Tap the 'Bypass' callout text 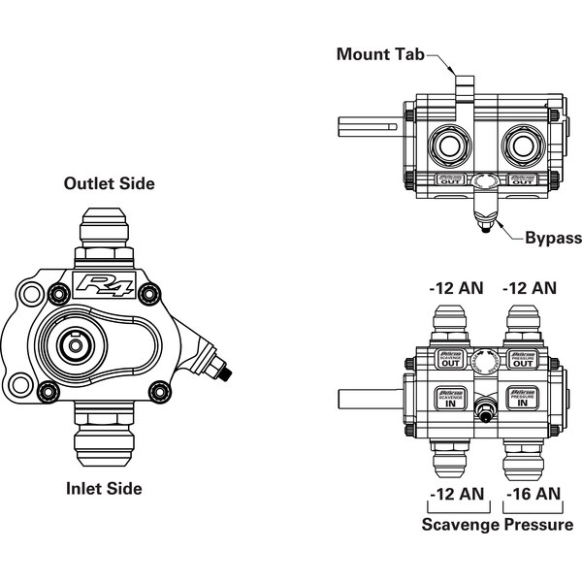tap(553, 238)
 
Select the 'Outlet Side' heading tap(109, 182)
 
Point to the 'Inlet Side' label tap(103, 488)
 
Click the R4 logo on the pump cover tap(101, 287)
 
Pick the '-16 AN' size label tap(533, 494)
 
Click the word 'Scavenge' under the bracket tap(459, 525)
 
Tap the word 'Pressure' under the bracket tap(537, 525)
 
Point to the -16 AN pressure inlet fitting tap(525, 451)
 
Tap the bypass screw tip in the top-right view tap(482, 230)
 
